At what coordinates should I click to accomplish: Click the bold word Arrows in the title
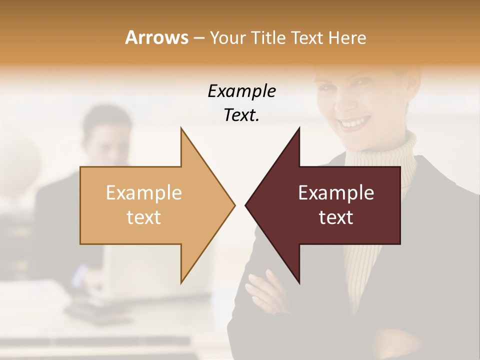[156, 37]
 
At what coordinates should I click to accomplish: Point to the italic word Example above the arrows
[241, 91]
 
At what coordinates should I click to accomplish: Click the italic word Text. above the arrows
[241, 115]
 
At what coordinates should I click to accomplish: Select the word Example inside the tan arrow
[144, 193]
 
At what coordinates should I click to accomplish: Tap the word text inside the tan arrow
[144, 217]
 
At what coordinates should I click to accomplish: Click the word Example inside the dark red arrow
[336, 193]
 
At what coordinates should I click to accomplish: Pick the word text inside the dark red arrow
[336, 217]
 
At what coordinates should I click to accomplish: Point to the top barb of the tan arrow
[181, 131]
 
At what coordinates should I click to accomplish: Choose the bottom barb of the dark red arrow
[298, 280]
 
